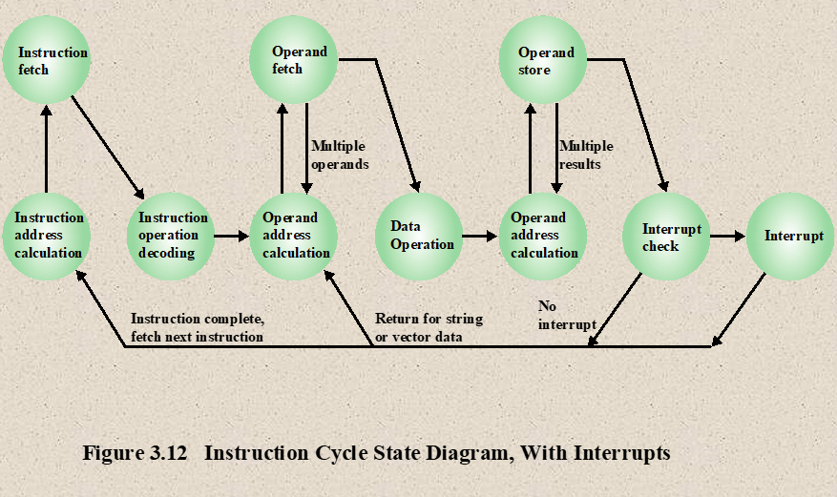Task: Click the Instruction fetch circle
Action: tap(47, 60)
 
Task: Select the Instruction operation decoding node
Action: tap(171, 237)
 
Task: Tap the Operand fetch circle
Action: tap(294, 60)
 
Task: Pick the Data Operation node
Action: tap(419, 237)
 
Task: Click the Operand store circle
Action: tap(543, 60)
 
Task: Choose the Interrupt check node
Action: tap(666, 237)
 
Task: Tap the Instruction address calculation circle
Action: tap(47, 237)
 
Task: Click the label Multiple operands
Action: tap(340, 155)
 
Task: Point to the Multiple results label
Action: tap(586, 155)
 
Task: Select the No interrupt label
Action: tap(567, 315)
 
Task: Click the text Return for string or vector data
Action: tap(429, 327)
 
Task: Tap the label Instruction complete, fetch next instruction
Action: tap(198, 327)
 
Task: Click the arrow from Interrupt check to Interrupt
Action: tap(727, 236)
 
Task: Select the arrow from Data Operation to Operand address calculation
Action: tap(480, 236)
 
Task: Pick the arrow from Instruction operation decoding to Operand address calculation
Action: tap(232, 236)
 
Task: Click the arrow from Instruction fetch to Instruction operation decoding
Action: tap(108, 148)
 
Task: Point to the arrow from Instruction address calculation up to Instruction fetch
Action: tap(47, 149)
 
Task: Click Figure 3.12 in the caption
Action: tap(136, 453)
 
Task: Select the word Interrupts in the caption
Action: tap(622, 453)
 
